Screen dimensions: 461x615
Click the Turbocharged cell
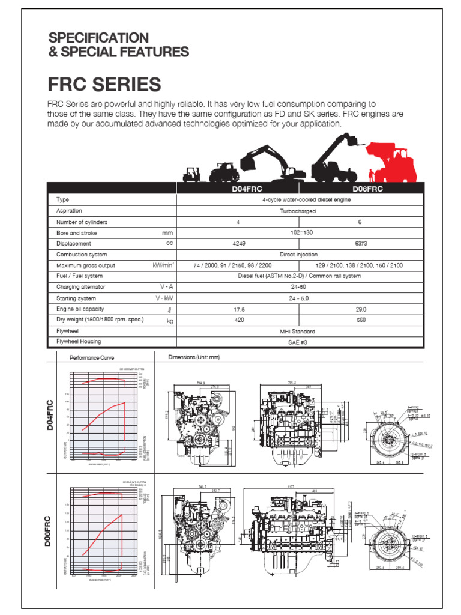click(x=297, y=211)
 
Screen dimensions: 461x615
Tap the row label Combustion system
click(x=82, y=255)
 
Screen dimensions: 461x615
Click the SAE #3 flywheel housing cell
click(x=297, y=342)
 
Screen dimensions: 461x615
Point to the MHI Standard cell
click(x=297, y=332)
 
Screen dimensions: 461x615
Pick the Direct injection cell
click(x=297, y=255)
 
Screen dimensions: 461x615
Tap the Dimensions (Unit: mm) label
click(x=194, y=357)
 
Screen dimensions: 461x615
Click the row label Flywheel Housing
click(x=79, y=342)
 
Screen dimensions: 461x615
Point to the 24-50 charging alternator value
click(x=297, y=287)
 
